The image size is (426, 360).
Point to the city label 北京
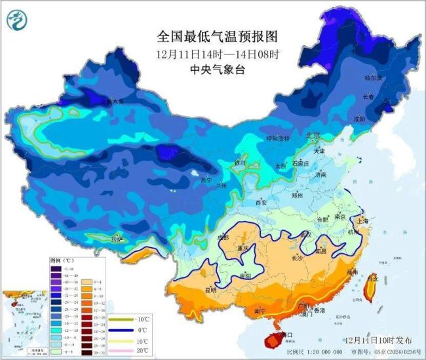click(313, 136)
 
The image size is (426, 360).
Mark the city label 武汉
click(304, 233)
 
